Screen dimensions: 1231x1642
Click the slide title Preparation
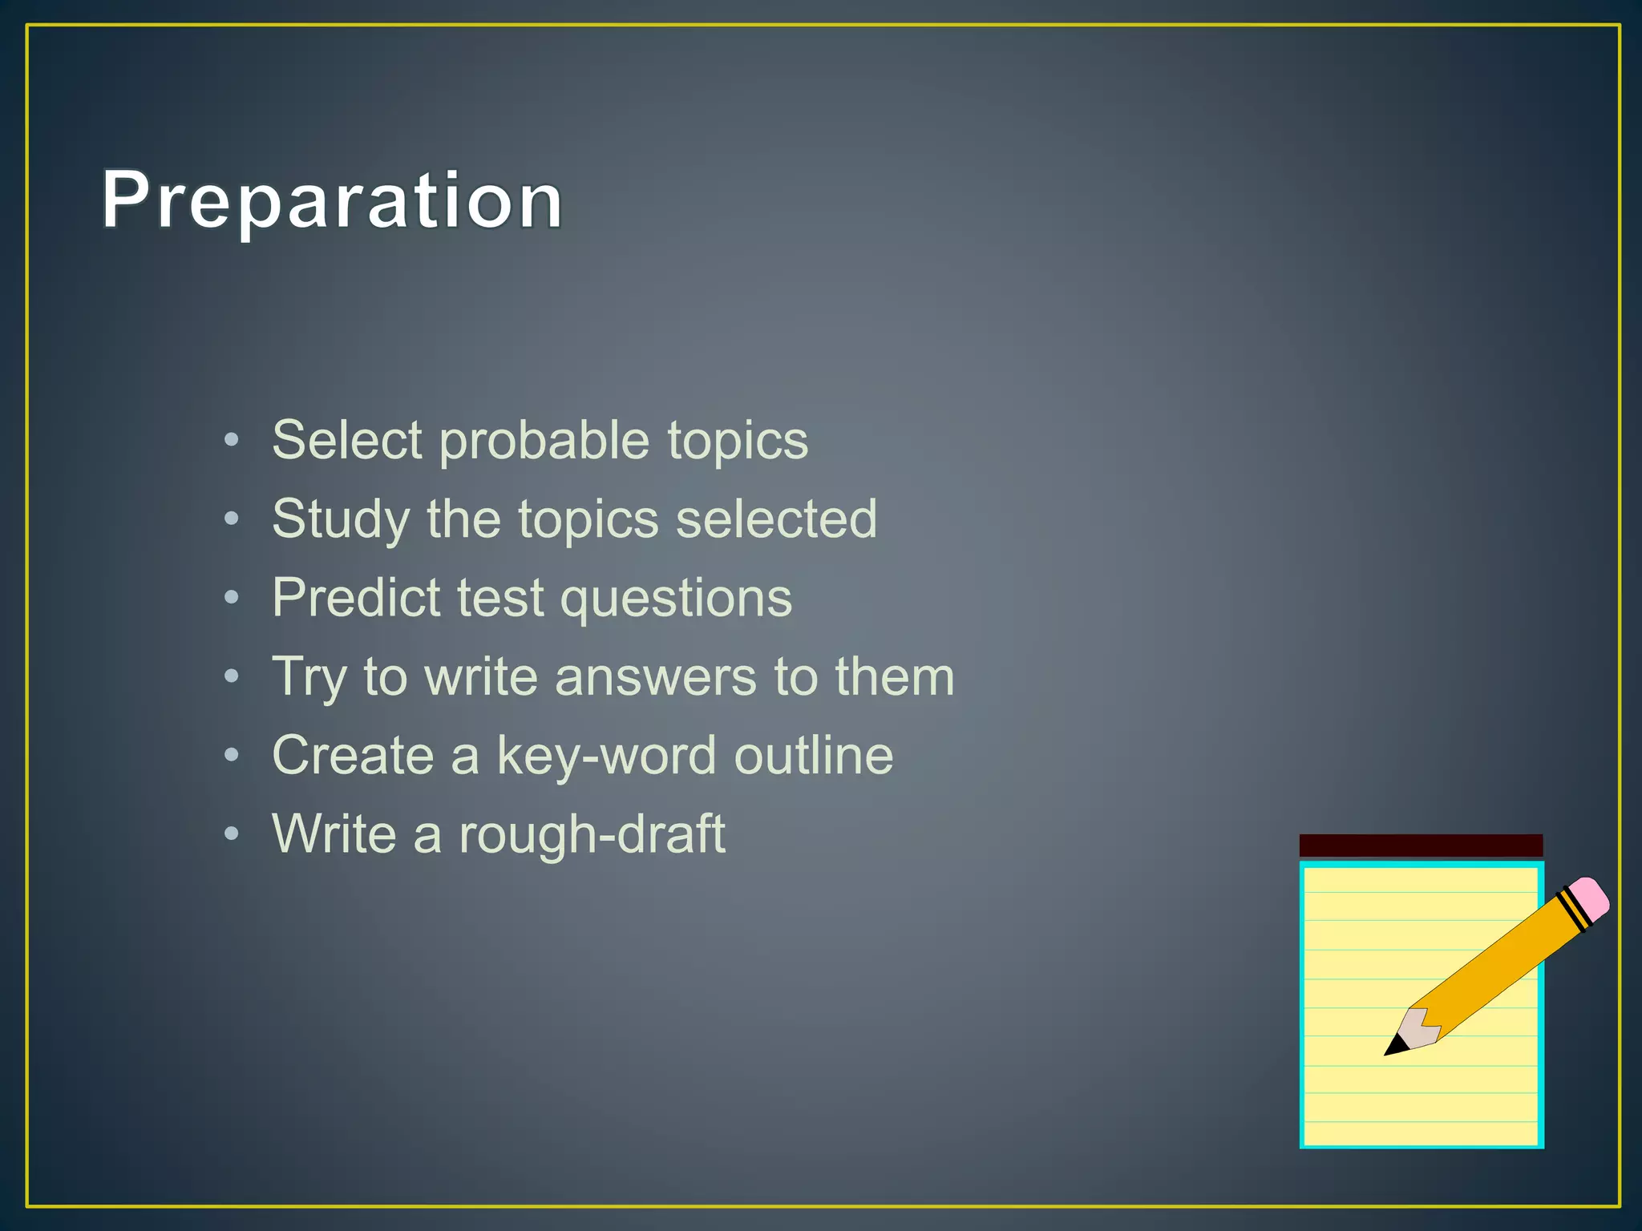coord(332,200)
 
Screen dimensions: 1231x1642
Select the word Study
coord(341,519)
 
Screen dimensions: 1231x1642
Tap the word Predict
coord(356,598)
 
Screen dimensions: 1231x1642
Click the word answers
coord(655,677)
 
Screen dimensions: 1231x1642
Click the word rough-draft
coord(592,834)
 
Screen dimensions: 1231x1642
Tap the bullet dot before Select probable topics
coord(232,439)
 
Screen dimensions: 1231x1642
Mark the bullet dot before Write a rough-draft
coord(232,833)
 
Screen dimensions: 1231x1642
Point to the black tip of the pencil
coord(1395,1046)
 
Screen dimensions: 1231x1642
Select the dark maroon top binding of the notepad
coord(1421,845)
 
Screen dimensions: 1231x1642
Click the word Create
coord(353,755)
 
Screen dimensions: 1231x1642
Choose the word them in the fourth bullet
coord(895,677)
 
